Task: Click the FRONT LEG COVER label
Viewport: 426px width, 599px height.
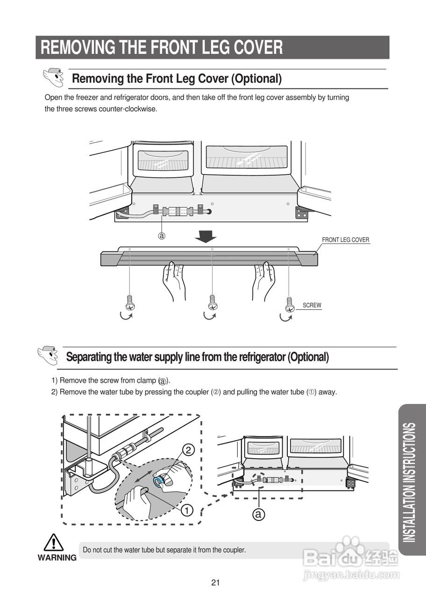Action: [345, 240]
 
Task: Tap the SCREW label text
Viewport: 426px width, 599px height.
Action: [312, 306]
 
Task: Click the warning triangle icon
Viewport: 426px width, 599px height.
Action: [54, 543]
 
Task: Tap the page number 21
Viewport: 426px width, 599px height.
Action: [215, 583]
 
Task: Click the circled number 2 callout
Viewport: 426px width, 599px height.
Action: [188, 451]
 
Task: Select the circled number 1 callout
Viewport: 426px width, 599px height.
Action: [187, 510]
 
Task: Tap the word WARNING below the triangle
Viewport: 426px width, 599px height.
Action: [57, 558]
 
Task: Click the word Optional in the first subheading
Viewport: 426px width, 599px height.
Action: [256, 79]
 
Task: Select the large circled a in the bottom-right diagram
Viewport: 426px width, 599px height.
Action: [259, 515]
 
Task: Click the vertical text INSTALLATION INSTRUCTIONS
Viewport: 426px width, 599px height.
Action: [409, 482]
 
